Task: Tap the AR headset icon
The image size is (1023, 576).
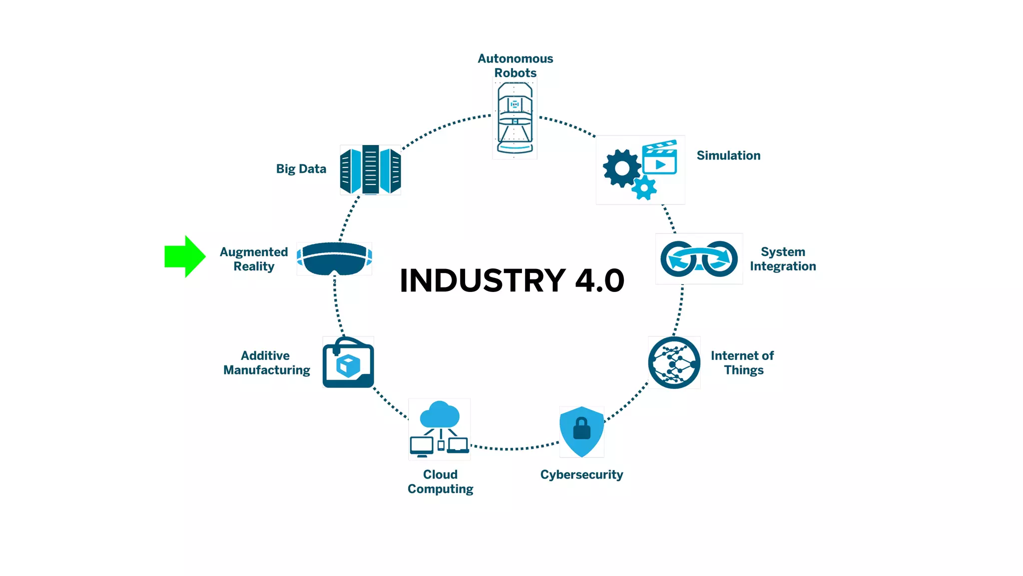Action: coord(334,258)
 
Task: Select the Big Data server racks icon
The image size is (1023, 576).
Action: coord(370,169)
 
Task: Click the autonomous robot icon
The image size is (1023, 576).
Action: coord(515,119)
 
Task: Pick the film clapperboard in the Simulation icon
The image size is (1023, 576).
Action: coord(660,157)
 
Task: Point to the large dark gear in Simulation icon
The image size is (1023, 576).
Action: coord(621,168)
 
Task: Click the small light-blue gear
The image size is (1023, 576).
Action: coord(644,188)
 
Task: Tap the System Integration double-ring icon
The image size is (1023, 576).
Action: coord(699,258)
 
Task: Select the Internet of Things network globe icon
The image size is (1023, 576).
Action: coord(674,362)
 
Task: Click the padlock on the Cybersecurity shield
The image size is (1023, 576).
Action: coord(581,428)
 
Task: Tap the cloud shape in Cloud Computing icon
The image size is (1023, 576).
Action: coord(440,414)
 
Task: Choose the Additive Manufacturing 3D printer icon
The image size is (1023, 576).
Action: coord(348,362)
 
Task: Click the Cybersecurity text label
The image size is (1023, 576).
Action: coord(581,474)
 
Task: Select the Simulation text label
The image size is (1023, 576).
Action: coord(728,155)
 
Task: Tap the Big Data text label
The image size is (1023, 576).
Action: coord(301,169)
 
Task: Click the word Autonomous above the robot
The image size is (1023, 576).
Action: coord(515,58)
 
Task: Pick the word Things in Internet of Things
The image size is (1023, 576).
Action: coord(744,370)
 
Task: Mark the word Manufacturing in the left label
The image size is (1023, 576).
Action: coord(267,370)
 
